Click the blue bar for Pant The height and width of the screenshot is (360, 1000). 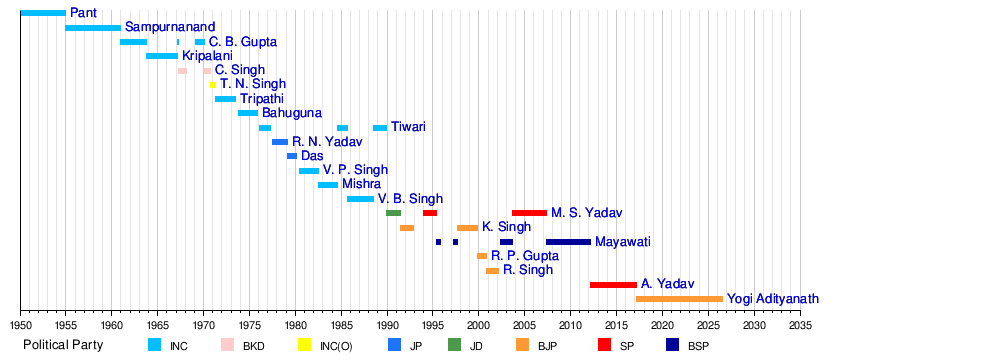43,13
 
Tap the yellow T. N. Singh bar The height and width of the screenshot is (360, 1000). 213,85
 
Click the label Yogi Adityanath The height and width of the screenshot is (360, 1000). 773,299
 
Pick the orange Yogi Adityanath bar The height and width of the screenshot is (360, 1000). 679,299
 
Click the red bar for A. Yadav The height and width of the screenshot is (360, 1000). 613,285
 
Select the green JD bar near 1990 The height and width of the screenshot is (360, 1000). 393,213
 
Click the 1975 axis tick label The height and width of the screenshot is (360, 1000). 249,325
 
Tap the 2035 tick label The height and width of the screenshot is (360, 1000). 800,325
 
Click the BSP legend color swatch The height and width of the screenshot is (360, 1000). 673,345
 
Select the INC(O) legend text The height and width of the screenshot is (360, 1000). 336,347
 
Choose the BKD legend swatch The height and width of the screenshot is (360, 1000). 228,345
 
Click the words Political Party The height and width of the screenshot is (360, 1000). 63,345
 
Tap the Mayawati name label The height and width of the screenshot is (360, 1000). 623,242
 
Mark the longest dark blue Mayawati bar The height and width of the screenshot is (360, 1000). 568,242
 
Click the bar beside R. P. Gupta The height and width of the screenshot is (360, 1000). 482,256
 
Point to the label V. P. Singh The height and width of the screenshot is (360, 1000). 355,170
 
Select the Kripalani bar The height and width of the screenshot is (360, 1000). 162,56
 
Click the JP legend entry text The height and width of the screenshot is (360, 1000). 415,347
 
